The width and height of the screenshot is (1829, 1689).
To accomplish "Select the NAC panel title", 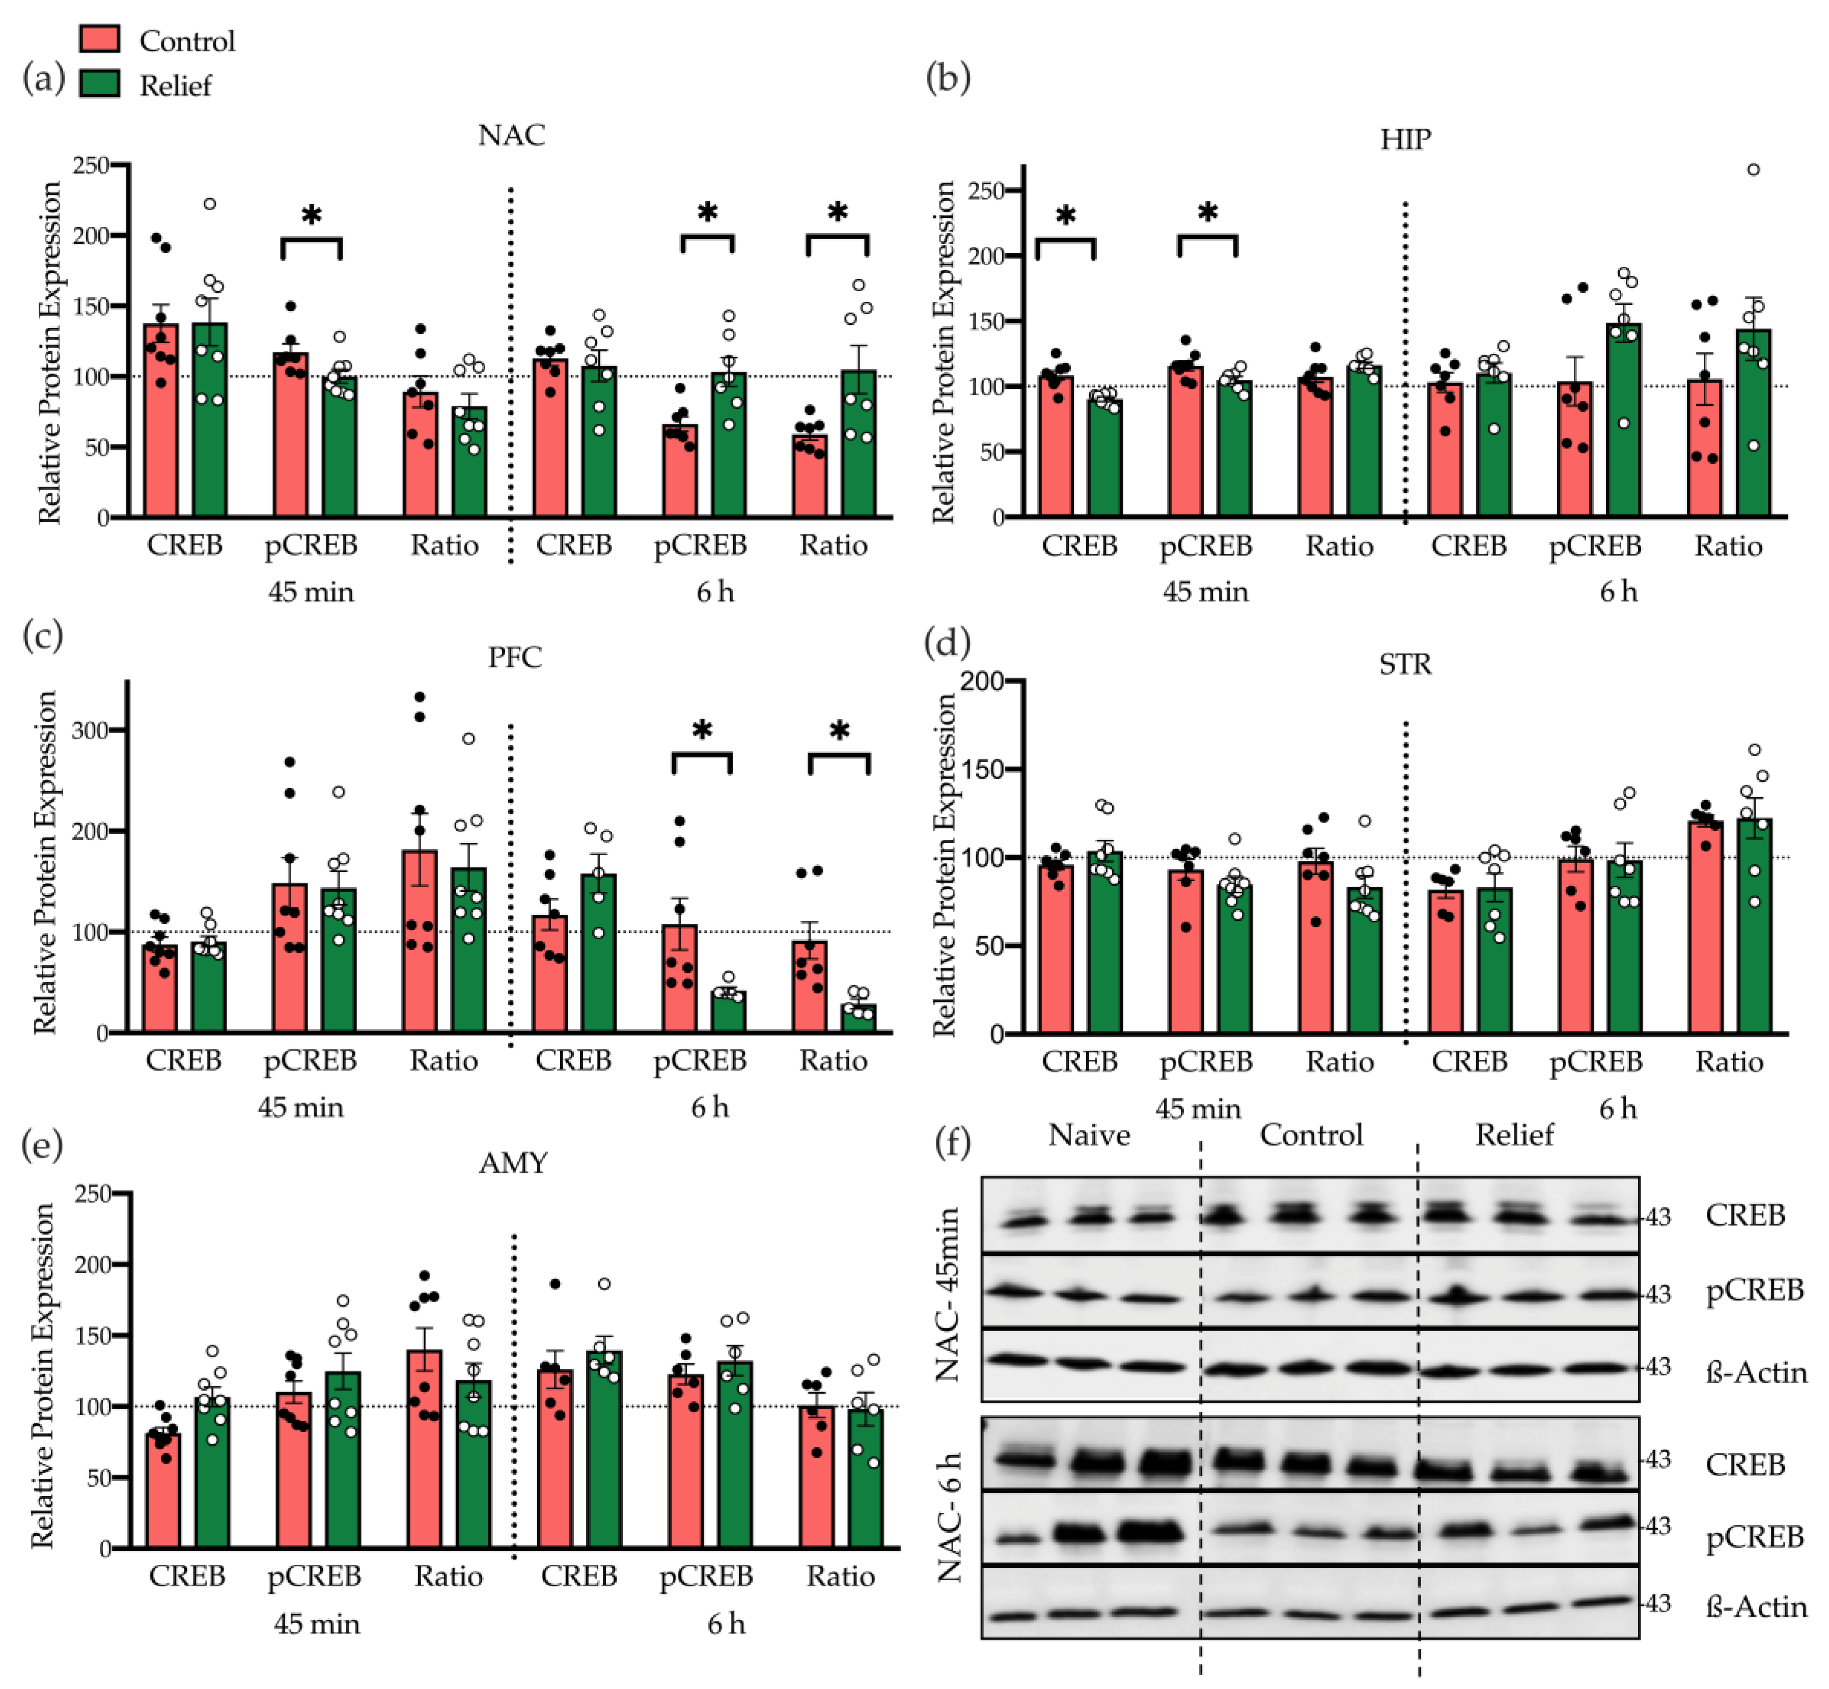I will (x=511, y=135).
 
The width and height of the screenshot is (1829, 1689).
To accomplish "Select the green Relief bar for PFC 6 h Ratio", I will (x=858, y=1018).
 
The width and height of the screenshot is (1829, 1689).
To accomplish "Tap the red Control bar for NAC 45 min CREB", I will (x=161, y=420).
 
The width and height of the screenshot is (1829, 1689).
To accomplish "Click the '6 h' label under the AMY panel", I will (x=726, y=1624).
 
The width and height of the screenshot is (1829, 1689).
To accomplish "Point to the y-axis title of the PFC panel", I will (x=44, y=862).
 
